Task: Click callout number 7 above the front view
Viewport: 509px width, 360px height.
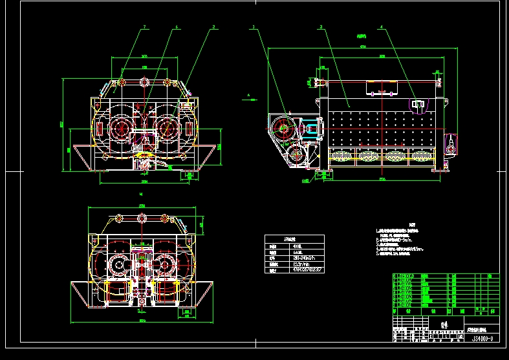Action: [x=145, y=27]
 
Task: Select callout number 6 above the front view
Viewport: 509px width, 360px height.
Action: [x=177, y=27]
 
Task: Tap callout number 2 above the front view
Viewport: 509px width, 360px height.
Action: [x=213, y=27]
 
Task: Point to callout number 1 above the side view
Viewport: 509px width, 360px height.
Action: [x=254, y=27]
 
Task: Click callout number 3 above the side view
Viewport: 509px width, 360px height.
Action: [x=321, y=27]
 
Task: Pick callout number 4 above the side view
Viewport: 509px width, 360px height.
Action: [x=381, y=27]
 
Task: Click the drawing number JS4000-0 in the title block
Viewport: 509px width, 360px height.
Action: [x=482, y=337]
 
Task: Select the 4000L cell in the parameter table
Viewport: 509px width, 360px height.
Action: [x=298, y=246]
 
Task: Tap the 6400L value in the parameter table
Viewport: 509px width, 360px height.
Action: [x=298, y=253]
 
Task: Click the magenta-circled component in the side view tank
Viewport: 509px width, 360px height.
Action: [x=417, y=105]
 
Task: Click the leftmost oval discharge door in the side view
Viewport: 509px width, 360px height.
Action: [x=341, y=155]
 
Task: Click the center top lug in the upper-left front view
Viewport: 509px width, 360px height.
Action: [x=144, y=82]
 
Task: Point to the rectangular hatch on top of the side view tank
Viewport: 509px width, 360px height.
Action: [x=382, y=87]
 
